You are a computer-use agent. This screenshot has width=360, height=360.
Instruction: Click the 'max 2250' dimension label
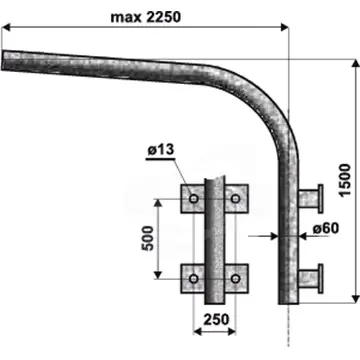pyautogui.click(x=146, y=17)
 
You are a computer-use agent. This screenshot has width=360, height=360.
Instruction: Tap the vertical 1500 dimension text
pyautogui.click(x=345, y=180)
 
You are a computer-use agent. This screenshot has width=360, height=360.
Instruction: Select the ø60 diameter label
pyautogui.click(x=326, y=229)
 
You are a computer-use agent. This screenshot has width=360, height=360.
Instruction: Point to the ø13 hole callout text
pyautogui.click(x=161, y=150)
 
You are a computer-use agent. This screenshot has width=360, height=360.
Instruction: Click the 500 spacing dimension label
pyautogui.click(x=148, y=238)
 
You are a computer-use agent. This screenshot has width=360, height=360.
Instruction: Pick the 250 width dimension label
pyautogui.click(x=216, y=320)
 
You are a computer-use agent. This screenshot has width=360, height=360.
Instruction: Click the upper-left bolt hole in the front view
pyautogui.click(x=194, y=199)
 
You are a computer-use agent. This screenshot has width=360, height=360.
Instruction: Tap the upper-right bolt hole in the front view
pyautogui.click(x=236, y=199)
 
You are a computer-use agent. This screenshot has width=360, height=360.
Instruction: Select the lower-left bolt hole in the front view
pyautogui.click(x=194, y=279)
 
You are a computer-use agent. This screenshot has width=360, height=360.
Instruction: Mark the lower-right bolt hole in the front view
pyautogui.click(x=236, y=279)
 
